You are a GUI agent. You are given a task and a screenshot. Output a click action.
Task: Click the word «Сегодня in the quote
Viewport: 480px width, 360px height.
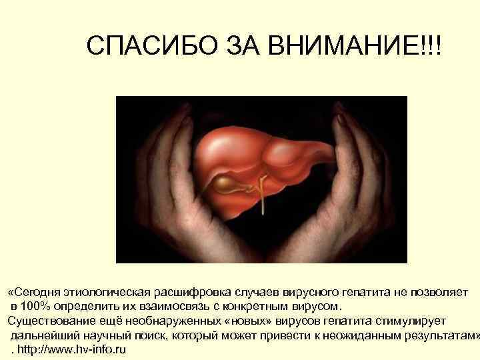34,292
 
